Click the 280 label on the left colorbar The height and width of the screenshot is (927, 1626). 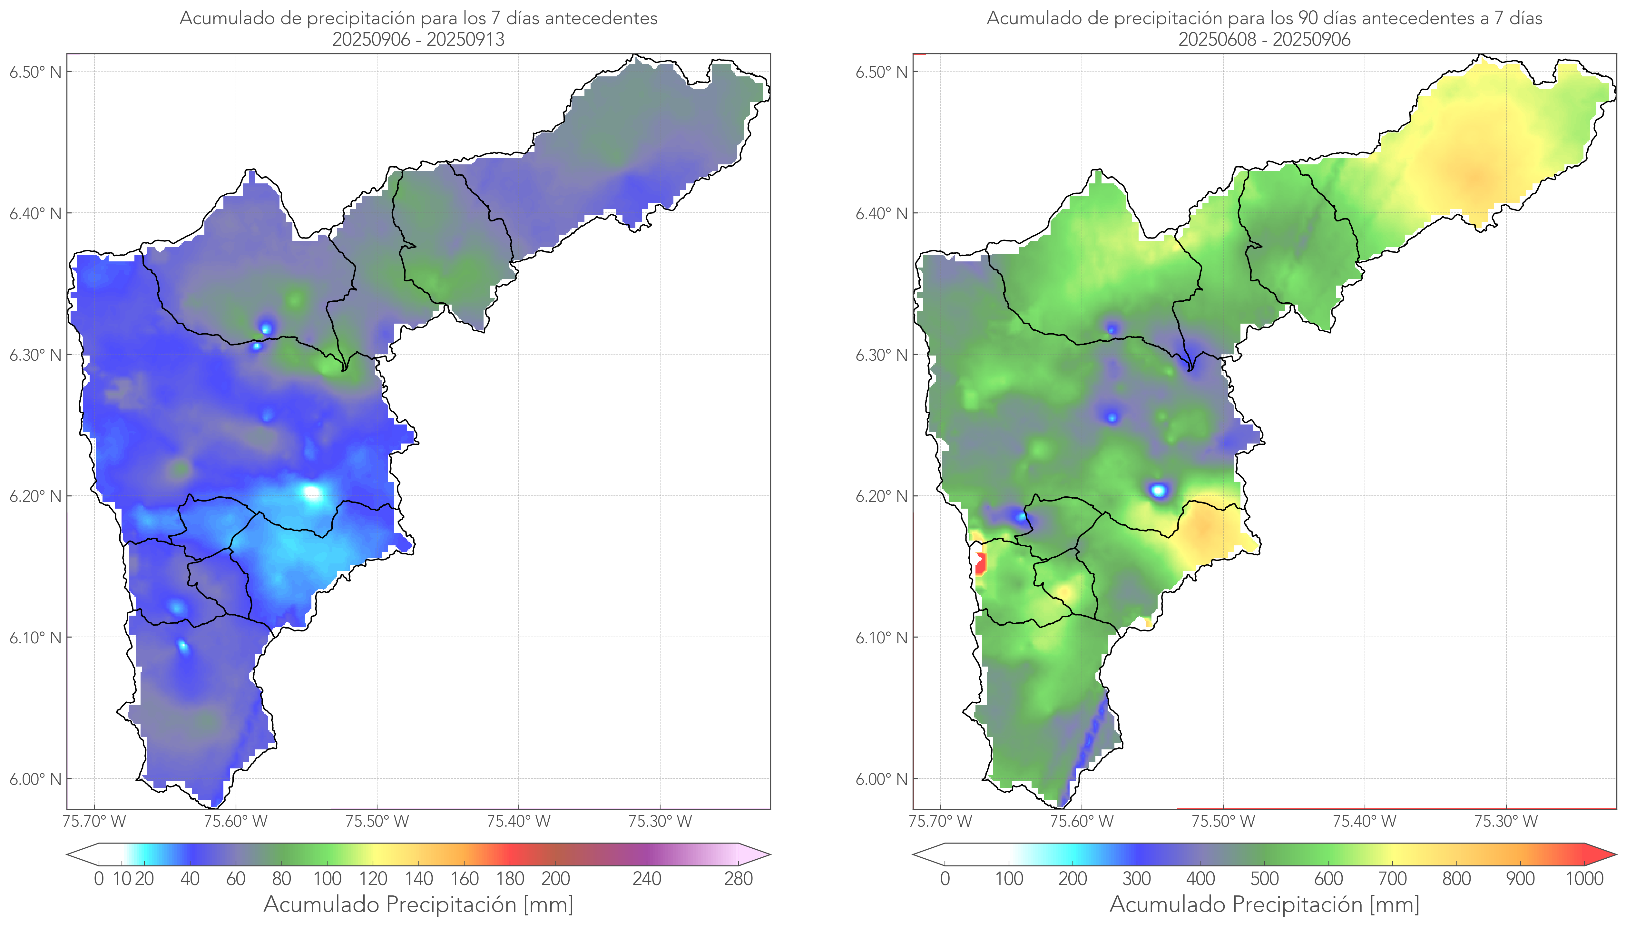(739, 879)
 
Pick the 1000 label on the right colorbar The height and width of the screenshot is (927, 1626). (1584, 879)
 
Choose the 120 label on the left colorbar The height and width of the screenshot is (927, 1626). (373, 879)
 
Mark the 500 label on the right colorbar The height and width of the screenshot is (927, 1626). (1264, 879)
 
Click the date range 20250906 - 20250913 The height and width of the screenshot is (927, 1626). (418, 39)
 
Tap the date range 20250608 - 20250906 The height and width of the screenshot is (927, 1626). (1264, 39)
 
